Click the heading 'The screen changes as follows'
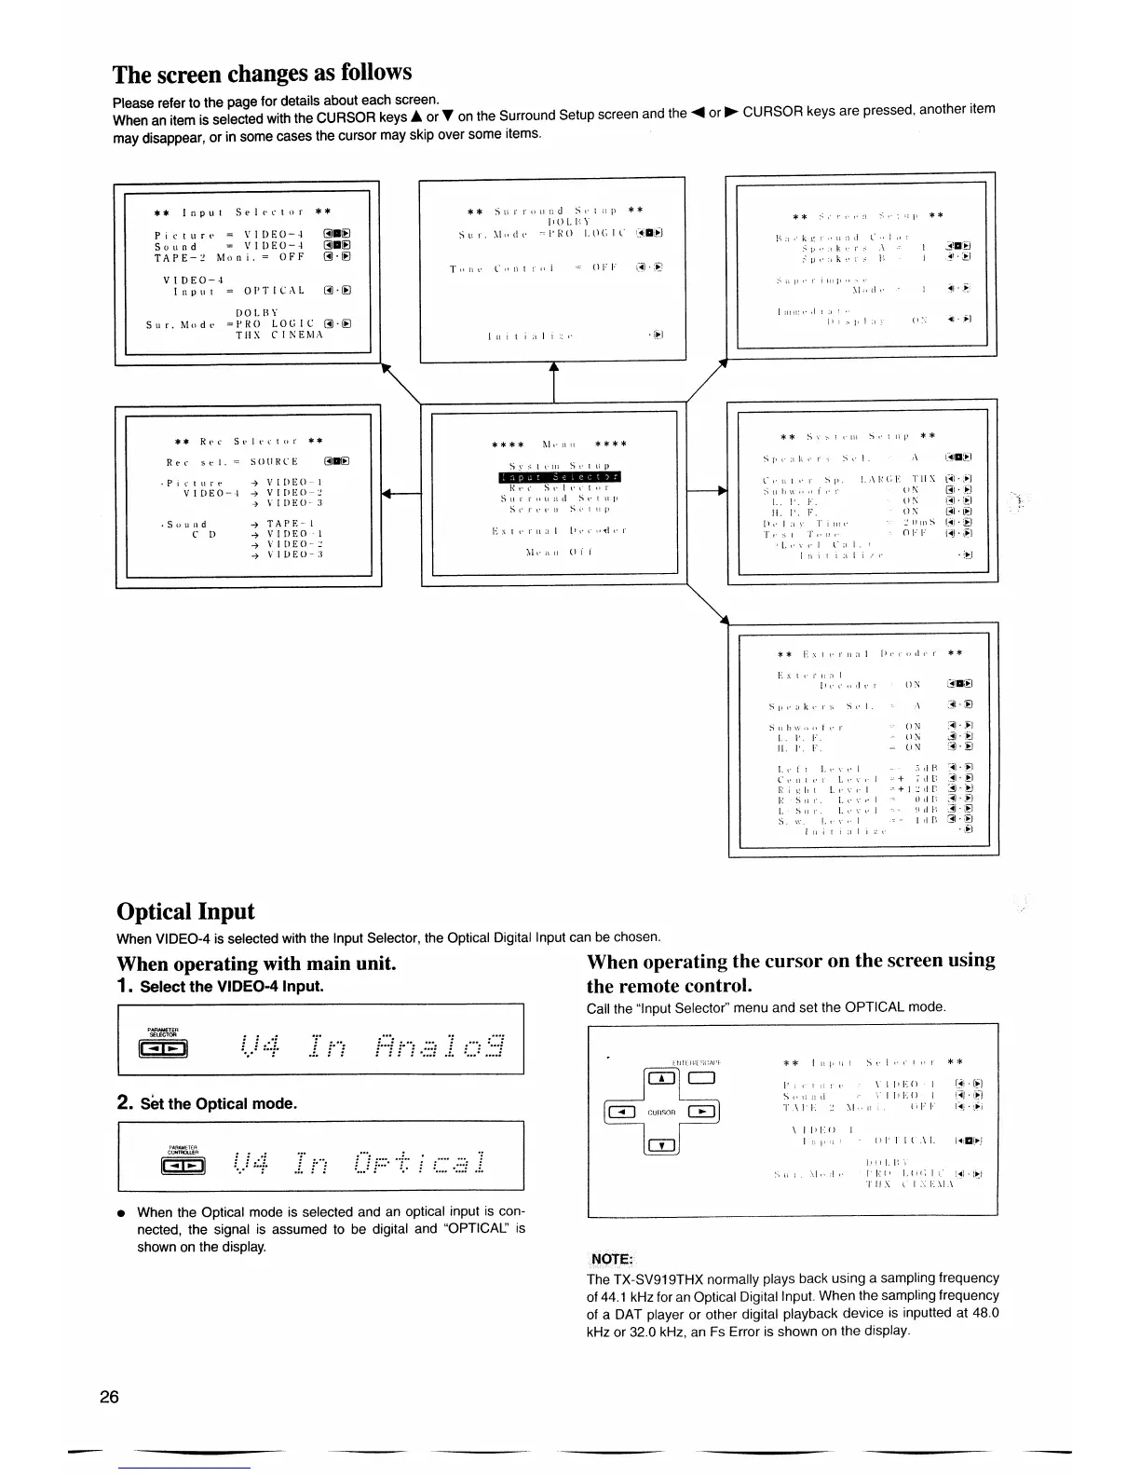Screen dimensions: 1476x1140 click(262, 74)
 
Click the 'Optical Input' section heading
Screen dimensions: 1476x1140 click(185, 910)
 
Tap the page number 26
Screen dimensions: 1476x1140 click(109, 1397)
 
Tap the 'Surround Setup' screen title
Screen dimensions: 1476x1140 click(556, 211)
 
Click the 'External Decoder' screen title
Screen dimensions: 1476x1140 click(870, 653)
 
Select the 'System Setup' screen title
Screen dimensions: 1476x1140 click(858, 435)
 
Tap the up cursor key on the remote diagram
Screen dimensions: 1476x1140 click(661, 1079)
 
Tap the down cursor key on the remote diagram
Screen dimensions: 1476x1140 click(661, 1144)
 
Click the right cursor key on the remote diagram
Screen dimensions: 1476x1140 click(703, 1111)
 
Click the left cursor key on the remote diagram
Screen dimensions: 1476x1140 click(621, 1111)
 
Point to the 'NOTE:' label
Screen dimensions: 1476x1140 click(612, 1259)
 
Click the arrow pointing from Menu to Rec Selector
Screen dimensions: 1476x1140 click(401, 495)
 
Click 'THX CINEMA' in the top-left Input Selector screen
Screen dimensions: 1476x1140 click(278, 335)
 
